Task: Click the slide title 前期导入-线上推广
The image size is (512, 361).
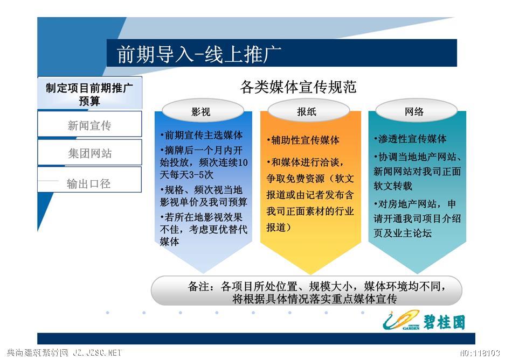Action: (x=199, y=54)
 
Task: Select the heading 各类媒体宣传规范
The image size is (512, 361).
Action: (x=298, y=87)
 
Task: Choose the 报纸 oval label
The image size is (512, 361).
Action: (x=308, y=112)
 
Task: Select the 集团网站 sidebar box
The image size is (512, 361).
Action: (x=89, y=152)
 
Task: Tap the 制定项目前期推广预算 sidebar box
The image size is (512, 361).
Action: (x=89, y=93)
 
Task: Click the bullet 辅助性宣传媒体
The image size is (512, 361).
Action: (x=303, y=140)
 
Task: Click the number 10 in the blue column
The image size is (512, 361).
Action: (x=243, y=162)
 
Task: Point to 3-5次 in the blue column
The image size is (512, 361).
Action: (x=199, y=175)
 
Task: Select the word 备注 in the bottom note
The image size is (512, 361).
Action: (x=198, y=287)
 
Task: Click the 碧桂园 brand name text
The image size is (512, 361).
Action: (x=445, y=322)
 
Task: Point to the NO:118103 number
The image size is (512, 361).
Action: (x=480, y=353)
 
